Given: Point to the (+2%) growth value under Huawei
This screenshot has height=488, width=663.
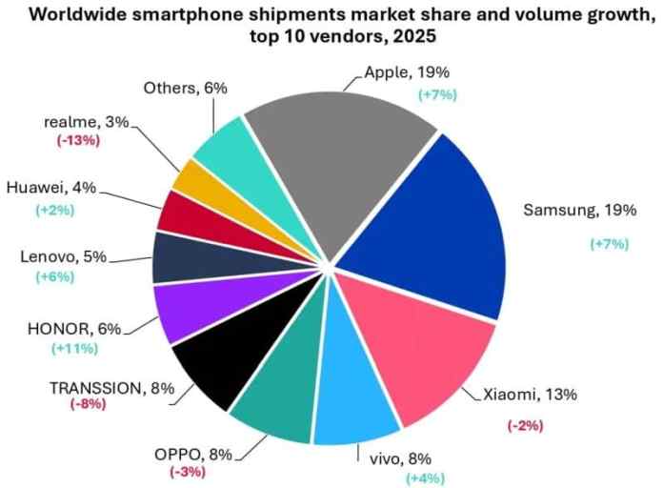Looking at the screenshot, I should click(x=59, y=209).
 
